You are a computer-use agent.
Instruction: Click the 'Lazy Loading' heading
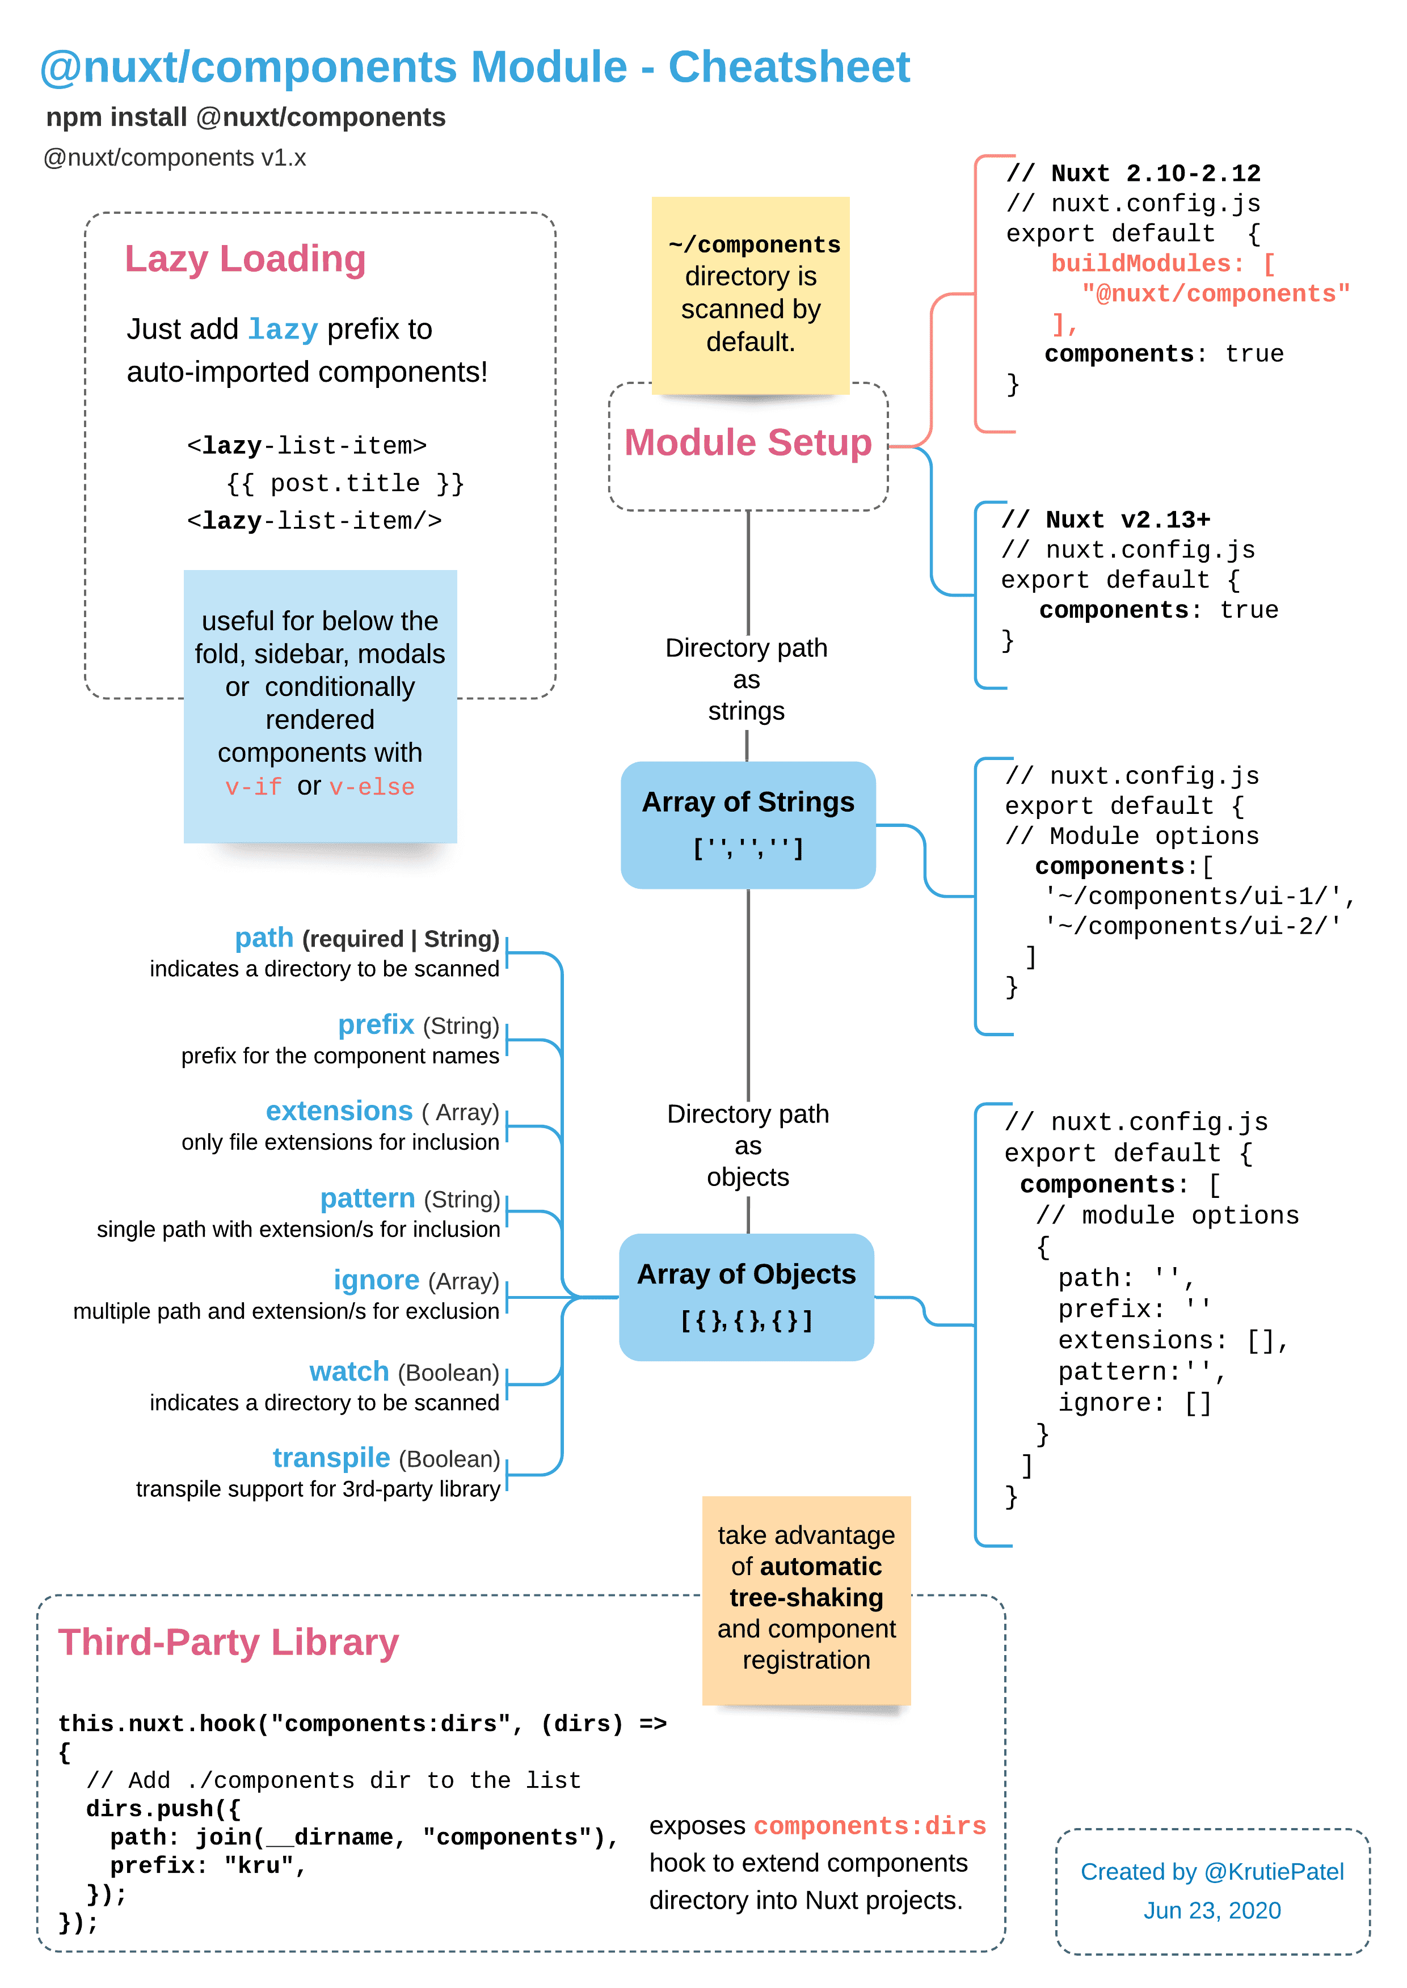(x=245, y=259)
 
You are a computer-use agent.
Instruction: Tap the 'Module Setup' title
(x=748, y=442)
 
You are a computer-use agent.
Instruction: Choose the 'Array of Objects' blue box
(x=746, y=1296)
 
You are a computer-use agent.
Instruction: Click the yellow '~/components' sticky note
(x=750, y=294)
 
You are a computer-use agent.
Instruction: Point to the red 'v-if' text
(x=253, y=787)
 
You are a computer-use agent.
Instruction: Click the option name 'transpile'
(x=331, y=1457)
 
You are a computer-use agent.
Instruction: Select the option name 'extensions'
(x=339, y=1111)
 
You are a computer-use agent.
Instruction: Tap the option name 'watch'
(x=348, y=1371)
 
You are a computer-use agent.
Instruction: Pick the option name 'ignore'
(x=376, y=1280)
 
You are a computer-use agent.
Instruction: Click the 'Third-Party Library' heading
(x=228, y=1643)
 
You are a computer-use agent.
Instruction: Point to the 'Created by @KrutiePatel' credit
(x=1211, y=1871)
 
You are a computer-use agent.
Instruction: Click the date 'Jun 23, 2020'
(x=1211, y=1910)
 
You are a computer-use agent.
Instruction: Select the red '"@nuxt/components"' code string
(x=1215, y=294)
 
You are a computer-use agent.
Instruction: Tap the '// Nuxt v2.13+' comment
(x=1106, y=520)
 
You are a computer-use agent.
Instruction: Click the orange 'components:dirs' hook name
(x=869, y=1825)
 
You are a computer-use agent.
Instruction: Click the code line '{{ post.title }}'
(x=345, y=483)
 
